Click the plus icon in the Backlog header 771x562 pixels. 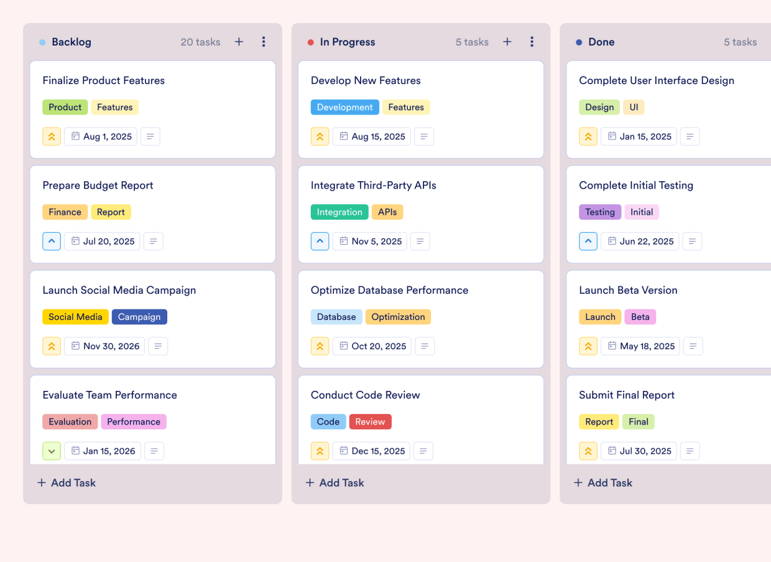coord(239,42)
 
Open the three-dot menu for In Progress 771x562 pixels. coord(532,42)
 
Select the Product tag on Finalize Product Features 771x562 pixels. coord(65,107)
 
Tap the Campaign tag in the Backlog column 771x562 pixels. coord(139,317)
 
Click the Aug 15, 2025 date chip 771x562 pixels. coord(371,136)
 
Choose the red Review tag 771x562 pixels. coord(370,421)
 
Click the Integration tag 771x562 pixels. coord(339,212)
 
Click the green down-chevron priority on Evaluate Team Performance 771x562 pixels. coord(52,451)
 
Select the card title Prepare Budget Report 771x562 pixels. coord(98,185)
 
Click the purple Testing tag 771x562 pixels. coord(599,212)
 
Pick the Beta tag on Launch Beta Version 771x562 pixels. coord(640,317)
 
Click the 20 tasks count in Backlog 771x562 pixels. coord(200,42)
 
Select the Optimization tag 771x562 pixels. coord(398,317)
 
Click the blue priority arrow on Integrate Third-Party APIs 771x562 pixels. coord(320,241)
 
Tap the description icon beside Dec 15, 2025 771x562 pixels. coord(423,451)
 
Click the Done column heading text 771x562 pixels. coord(601,42)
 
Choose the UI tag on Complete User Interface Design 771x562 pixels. coord(634,107)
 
